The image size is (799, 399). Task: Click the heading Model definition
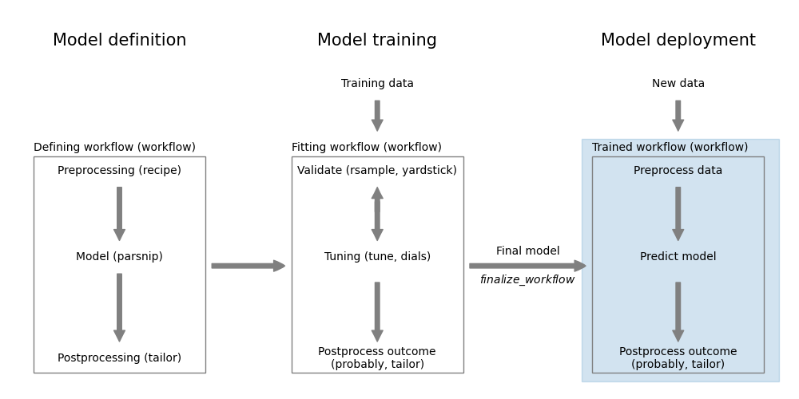click(119, 41)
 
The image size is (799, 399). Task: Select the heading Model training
click(377, 41)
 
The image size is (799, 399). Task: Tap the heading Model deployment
click(678, 41)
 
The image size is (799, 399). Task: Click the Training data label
click(377, 84)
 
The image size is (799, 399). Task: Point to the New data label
click(678, 84)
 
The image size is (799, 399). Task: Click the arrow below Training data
click(377, 115)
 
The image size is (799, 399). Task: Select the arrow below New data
click(678, 115)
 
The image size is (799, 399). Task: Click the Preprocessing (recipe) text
click(119, 171)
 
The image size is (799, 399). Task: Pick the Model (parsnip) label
click(119, 257)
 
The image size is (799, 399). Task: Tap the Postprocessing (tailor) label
click(119, 358)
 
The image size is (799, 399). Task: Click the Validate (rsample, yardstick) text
click(377, 171)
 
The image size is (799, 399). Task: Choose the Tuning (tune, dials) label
click(377, 257)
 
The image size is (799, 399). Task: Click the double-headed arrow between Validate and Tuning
click(377, 214)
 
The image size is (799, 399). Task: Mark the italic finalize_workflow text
click(527, 280)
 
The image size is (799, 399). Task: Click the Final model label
click(527, 251)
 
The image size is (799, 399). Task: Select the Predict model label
click(678, 257)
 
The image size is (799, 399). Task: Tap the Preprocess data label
click(678, 171)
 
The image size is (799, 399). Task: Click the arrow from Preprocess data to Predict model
click(678, 213)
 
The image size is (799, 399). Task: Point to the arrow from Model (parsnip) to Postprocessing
click(119, 307)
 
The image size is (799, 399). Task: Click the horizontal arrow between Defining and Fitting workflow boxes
click(248, 266)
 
